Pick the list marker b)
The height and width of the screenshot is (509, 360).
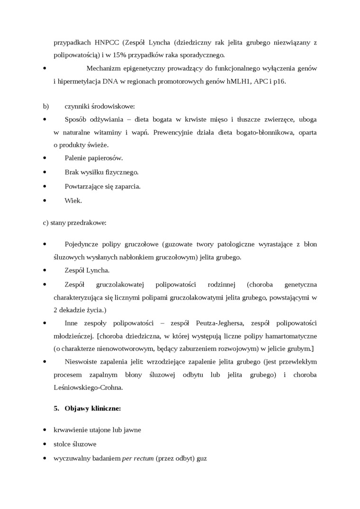click(46, 107)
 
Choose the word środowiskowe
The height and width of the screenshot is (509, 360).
click(114, 107)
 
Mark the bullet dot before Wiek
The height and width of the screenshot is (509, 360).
click(45, 200)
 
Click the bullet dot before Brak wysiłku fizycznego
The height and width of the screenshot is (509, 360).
click(45, 172)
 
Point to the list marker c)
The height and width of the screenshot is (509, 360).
click(46, 222)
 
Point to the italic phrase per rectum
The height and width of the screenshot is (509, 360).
click(138, 459)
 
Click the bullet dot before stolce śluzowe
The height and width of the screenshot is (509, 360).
click(45, 445)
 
